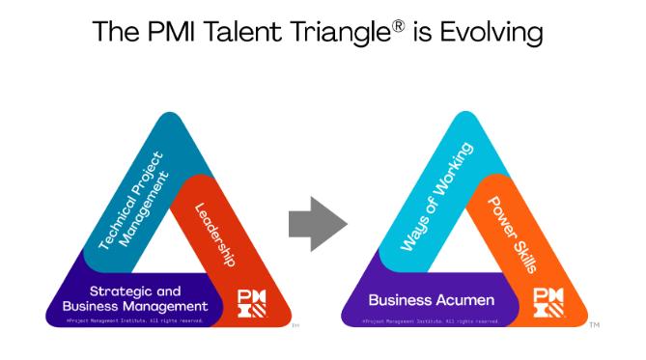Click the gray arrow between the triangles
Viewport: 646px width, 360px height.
pyautogui.click(x=317, y=225)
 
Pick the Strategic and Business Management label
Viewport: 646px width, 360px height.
pyautogui.click(x=135, y=299)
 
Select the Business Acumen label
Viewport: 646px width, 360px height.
pyautogui.click(x=432, y=300)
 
